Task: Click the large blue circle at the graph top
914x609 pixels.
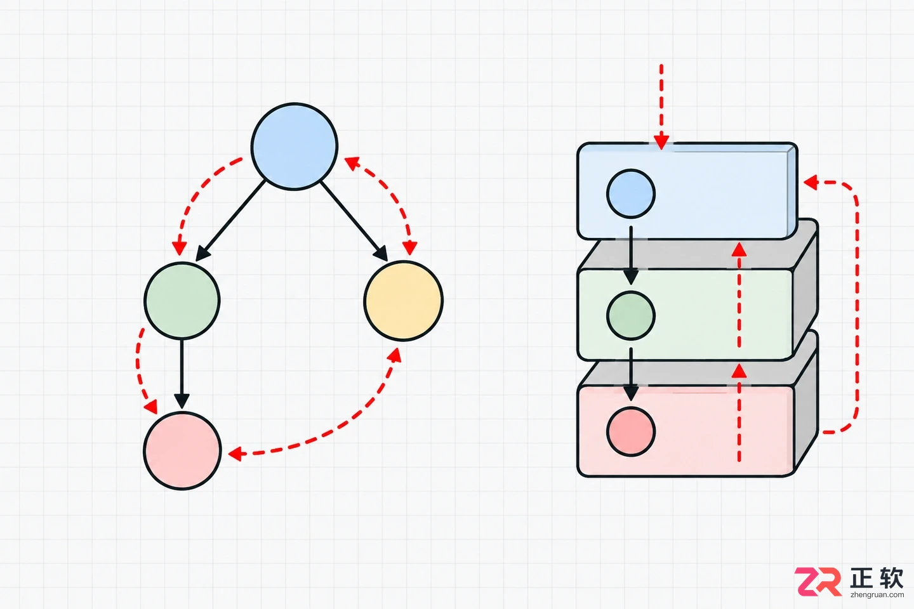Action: point(295,147)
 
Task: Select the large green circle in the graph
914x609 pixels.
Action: point(182,301)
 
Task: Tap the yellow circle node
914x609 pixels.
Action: point(403,301)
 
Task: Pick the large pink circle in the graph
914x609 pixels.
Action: point(182,451)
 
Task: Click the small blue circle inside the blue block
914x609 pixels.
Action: point(631,193)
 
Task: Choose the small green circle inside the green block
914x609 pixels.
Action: point(631,315)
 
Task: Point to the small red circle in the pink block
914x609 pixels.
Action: point(631,431)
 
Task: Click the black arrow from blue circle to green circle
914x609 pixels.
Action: point(230,221)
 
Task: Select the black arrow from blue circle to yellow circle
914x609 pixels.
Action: point(354,221)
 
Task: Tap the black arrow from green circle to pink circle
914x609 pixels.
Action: point(182,374)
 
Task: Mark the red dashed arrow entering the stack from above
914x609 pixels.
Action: point(661,107)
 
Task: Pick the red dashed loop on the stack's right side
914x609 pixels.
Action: point(856,306)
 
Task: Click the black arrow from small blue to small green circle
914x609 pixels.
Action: point(631,255)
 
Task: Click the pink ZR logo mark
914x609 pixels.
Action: point(818,581)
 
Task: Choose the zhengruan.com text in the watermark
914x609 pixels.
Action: point(877,594)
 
